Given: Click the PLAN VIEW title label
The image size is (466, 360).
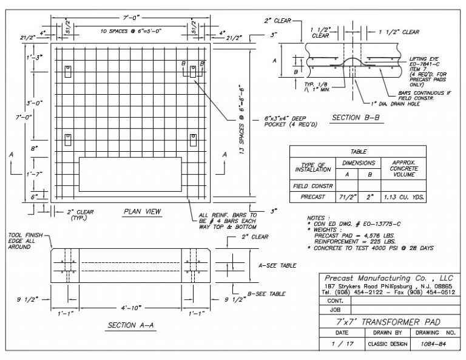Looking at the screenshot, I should (141, 211).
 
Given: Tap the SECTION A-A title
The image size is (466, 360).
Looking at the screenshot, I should (131, 325).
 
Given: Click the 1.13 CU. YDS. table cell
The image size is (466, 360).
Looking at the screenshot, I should (404, 196).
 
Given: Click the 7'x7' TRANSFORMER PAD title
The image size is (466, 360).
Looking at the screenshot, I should (388, 321).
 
